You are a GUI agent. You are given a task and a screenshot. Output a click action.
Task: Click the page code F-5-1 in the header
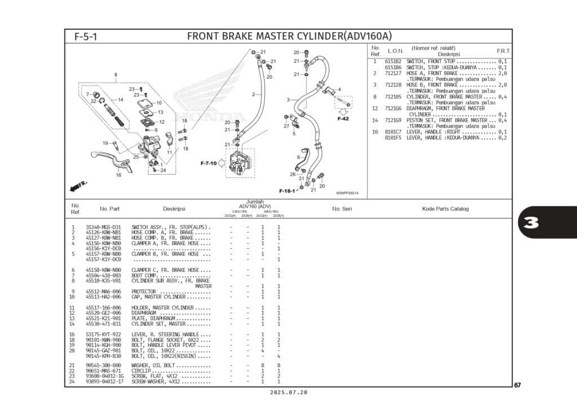86,37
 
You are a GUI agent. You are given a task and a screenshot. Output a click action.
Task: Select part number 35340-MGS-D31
103,227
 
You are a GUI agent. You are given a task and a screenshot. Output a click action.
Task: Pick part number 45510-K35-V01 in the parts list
103,280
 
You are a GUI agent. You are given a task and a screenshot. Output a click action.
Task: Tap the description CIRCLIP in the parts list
144,371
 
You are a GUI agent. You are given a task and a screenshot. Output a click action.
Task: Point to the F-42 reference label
343,119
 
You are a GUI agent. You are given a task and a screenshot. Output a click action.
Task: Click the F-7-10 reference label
208,163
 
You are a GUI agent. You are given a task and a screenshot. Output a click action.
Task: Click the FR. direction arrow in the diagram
77,185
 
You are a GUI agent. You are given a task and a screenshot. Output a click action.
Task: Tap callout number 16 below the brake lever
118,175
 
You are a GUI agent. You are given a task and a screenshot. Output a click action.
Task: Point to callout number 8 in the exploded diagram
116,75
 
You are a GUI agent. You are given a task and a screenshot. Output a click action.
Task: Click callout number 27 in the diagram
286,126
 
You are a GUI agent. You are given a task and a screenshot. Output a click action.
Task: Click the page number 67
517,386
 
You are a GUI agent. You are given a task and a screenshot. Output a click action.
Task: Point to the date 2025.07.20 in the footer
288,392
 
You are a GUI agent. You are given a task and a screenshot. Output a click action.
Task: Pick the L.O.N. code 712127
393,73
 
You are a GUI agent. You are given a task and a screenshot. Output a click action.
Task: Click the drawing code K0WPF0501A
347,194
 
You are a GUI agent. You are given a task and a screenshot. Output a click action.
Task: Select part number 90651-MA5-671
103,371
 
